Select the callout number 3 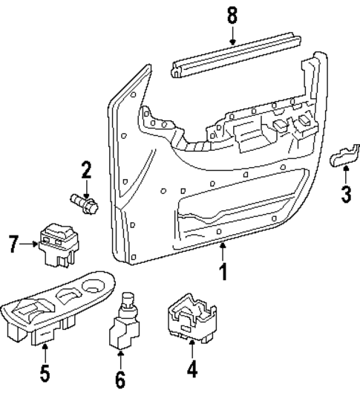point(345,195)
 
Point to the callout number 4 point(193,369)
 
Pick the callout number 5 point(45,372)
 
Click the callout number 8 point(232,14)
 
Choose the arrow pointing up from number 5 point(45,351)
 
